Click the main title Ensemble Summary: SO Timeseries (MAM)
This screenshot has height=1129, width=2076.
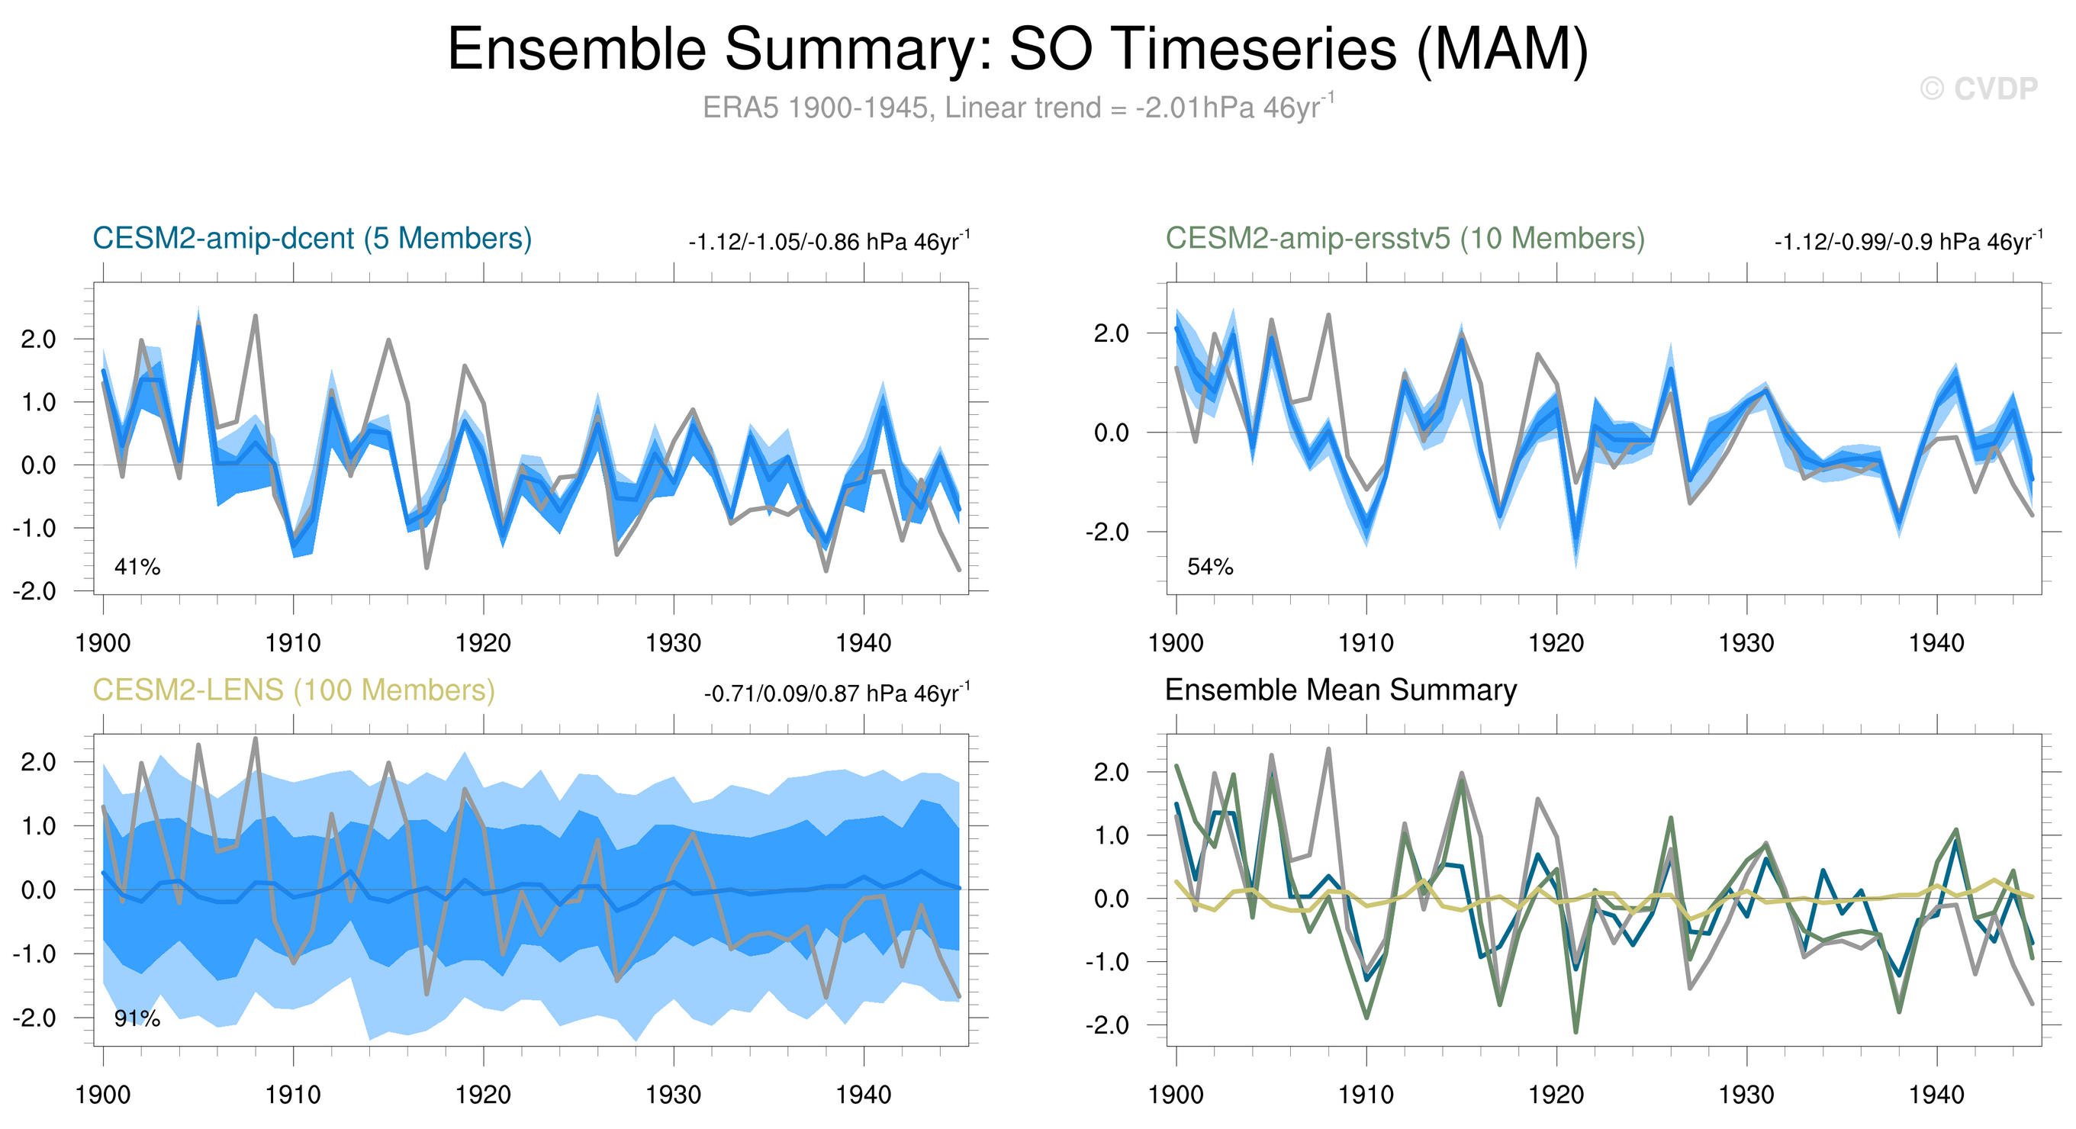tap(1017, 49)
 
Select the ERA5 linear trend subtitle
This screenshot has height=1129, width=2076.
tap(1017, 107)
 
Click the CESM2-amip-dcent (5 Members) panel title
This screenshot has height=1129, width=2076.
tap(312, 239)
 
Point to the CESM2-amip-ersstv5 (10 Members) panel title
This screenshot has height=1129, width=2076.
tap(1405, 239)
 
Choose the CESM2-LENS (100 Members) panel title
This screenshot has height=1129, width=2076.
tap(293, 690)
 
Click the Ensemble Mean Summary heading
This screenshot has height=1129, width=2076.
tap(1341, 690)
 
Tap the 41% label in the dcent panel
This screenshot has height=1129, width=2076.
tap(137, 568)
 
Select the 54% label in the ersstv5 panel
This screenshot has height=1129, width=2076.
tap(1209, 568)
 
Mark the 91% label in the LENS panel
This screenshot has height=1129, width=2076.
tap(137, 1019)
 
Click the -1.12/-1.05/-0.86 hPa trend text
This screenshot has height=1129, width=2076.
tap(829, 242)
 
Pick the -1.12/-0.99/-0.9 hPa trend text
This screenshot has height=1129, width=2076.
tap(1907, 242)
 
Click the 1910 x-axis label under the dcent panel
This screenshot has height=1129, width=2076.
tap(292, 643)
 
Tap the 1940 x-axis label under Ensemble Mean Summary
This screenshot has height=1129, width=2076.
tap(1936, 1095)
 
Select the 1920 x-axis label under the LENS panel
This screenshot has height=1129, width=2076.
tap(483, 1095)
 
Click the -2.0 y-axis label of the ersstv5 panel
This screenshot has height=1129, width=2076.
tap(1108, 532)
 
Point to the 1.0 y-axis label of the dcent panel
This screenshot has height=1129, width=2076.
tap(39, 402)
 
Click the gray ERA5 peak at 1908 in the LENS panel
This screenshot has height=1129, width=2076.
tap(256, 739)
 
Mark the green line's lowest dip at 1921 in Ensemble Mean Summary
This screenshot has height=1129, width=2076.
tap(1576, 1031)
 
